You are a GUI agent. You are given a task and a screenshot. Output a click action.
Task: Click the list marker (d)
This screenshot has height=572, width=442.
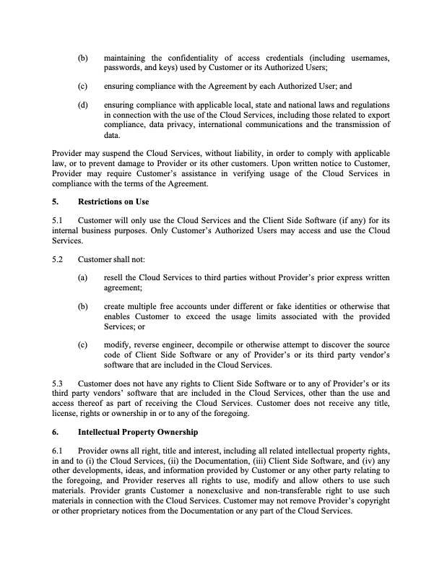[x=84, y=105]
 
